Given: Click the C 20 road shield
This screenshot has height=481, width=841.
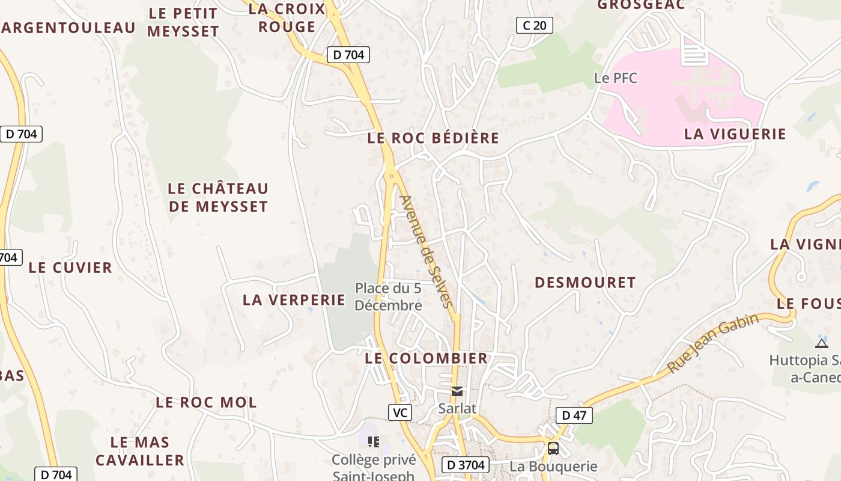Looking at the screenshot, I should (x=534, y=25).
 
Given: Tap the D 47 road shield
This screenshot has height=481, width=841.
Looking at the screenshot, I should (x=574, y=415).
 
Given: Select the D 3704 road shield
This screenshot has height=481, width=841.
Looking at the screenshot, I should (x=466, y=465).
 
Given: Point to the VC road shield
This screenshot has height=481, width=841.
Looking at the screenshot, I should (x=399, y=412).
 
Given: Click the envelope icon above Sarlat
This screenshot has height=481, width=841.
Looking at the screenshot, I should (x=457, y=391).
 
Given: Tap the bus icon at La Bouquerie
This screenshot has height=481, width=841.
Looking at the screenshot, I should (x=553, y=449).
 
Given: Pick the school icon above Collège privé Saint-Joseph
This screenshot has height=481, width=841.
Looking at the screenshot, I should (x=374, y=443).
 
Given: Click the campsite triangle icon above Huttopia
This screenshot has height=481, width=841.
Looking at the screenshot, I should (x=821, y=343).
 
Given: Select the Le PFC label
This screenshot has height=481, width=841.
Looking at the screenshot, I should (x=615, y=78).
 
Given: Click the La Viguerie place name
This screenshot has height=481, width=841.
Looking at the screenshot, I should (x=735, y=134).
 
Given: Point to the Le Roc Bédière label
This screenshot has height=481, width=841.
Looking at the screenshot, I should (x=433, y=138).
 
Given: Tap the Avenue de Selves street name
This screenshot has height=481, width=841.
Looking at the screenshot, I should (x=426, y=251).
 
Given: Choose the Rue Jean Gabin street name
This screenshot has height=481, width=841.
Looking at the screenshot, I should (x=713, y=343).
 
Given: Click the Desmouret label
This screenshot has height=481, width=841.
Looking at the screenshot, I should (x=585, y=283).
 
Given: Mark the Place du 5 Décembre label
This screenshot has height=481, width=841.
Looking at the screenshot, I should (x=388, y=297).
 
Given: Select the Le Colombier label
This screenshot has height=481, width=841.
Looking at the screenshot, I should (x=427, y=358).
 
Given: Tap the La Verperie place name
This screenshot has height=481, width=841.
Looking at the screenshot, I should (x=294, y=300).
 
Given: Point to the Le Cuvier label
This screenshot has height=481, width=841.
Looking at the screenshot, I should (x=70, y=268).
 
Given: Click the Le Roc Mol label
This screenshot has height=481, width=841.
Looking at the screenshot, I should (x=206, y=402).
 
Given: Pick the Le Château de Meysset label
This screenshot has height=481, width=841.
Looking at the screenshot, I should (x=217, y=197).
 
